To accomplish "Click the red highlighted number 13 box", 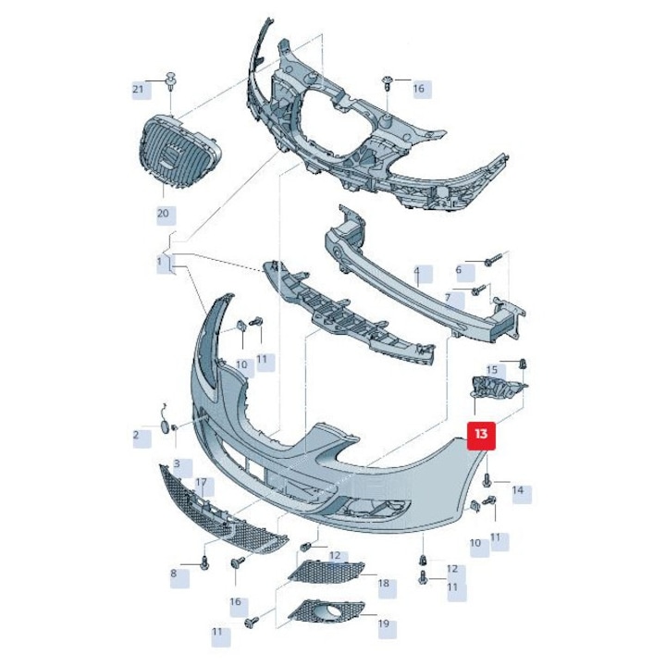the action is click(481, 436).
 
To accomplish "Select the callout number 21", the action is click(138, 90).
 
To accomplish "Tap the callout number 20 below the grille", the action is click(163, 214).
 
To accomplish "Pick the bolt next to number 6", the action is click(493, 259).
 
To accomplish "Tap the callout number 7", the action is click(448, 299).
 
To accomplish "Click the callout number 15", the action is click(491, 369).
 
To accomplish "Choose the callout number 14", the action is click(518, 490).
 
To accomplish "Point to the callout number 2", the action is click(136, 435).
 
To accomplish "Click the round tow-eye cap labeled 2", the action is click(165, 426).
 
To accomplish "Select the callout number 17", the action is click(201, 483).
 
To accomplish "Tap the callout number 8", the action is click(173, 573).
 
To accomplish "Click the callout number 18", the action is click(384, 583).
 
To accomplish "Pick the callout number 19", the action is click(384, 623).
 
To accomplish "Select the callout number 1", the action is click(159, 261).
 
